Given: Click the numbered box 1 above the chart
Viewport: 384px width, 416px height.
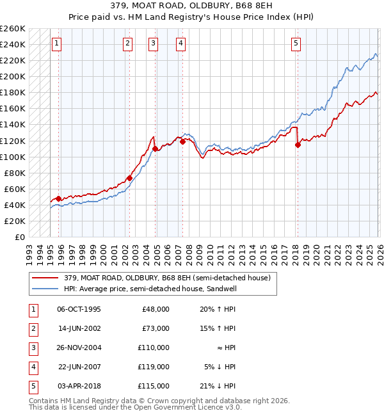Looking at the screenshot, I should click(57, 44).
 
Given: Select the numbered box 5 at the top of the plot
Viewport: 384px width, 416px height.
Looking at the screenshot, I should click(296, 44).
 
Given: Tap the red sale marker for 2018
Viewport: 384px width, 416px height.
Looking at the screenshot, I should click(298, 145).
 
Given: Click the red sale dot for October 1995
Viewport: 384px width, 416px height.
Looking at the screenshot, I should click(58, 198).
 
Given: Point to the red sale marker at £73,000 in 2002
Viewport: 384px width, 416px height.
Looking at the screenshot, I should click(129, 179).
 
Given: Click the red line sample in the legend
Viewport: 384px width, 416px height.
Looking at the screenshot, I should click(45, 278).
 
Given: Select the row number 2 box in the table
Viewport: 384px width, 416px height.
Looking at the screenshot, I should click(32, 328).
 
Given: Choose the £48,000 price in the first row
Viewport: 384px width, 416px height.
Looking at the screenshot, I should click(156, 309).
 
